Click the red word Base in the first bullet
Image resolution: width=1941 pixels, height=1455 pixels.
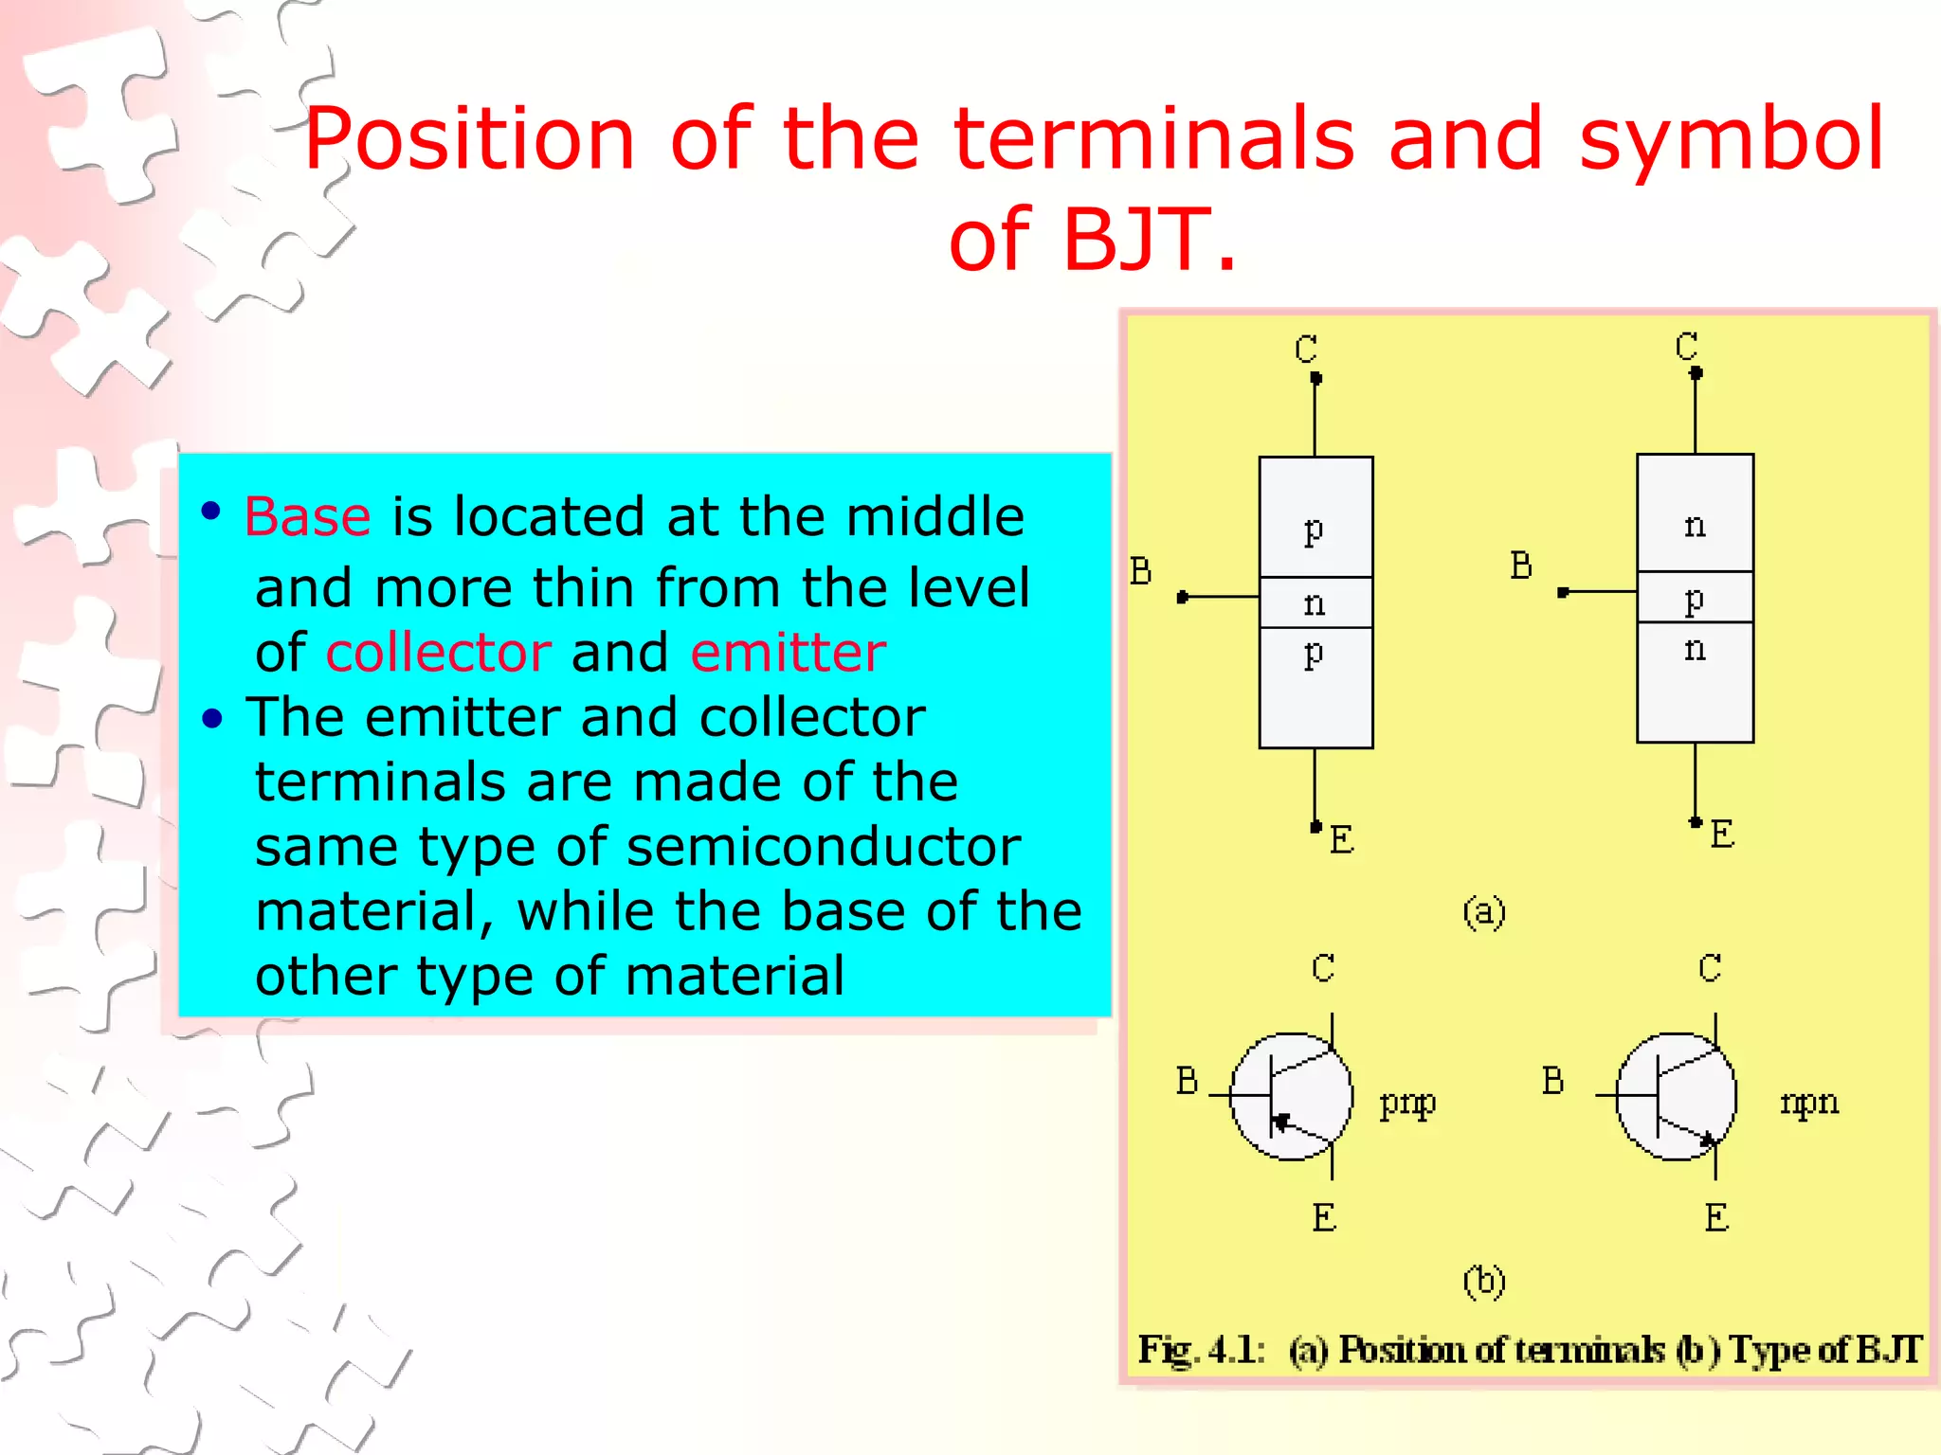(x=307, y=517)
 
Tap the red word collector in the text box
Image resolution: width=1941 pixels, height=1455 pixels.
(x=438, y=653)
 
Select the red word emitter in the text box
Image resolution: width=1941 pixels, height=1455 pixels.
(x=788, y=653)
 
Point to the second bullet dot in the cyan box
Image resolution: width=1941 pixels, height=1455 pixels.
(x=212, y=720)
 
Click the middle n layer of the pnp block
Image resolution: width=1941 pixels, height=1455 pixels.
(x=1315, y=602)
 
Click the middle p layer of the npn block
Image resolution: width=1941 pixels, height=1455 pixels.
(x=1695, y=598)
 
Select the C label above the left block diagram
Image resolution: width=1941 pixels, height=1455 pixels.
(x=1306, y=350)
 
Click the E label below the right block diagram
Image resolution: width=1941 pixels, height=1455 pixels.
(x=1722, y=835)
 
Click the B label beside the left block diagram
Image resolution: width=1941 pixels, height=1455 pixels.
(x=1141, y=571)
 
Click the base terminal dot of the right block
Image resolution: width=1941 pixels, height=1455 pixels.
(x=1563, y=592)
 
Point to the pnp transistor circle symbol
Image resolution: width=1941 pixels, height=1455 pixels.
(x=1291, y=1096)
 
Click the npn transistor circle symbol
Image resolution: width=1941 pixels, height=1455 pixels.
(x=1676, y=1096)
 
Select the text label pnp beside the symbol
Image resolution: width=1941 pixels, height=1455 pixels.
(x=1407, y=1103)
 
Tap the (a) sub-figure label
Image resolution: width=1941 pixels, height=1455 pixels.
(x=1483, y=912)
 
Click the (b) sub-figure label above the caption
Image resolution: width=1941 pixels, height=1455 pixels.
(x=1483, y=1282)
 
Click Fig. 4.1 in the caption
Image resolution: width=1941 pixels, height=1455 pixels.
(x=1201, y=1349)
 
